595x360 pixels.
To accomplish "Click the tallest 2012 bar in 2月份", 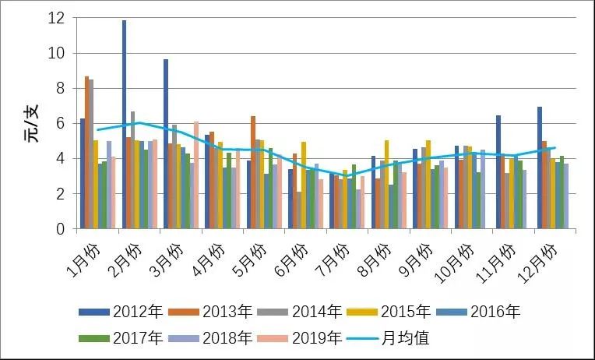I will [x=124, y=125].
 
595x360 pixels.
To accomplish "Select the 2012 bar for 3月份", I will [x=165, y=144].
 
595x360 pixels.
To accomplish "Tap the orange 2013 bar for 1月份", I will [x=86, y=153].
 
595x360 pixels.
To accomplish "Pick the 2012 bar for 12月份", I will [x=539, y=168].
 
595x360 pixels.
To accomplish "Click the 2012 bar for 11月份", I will [x=498, y=172].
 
